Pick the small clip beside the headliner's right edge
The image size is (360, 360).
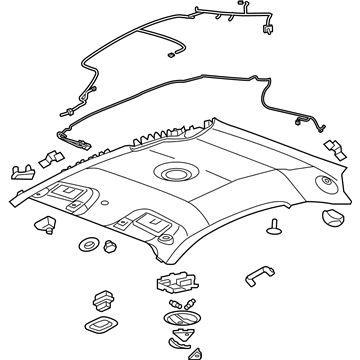[x=333, y=147]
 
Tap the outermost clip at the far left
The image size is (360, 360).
[x=20, y=170]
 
